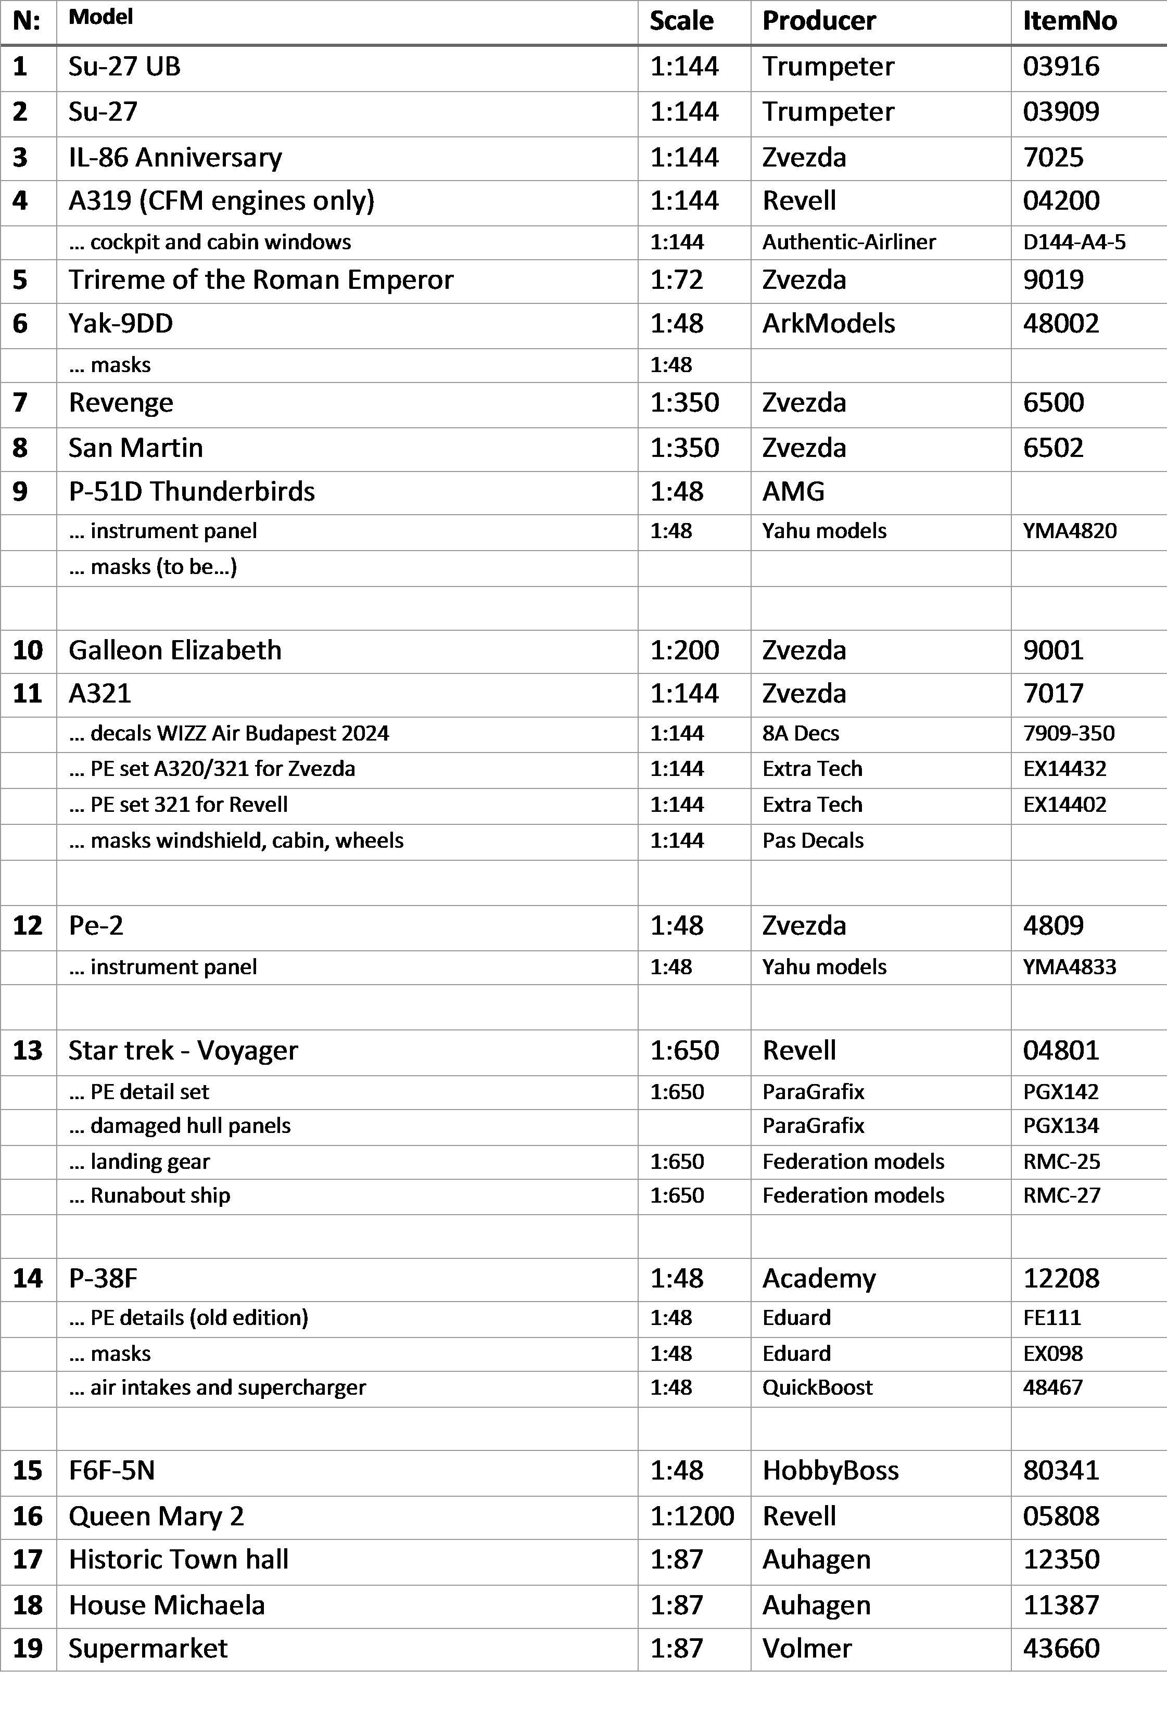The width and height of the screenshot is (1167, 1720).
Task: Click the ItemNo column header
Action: click(1069, 21)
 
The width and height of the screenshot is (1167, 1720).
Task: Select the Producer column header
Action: click(818, 21)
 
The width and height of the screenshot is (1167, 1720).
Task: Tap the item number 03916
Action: click(1060, 67)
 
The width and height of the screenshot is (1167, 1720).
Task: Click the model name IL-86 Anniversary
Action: click(175, 158)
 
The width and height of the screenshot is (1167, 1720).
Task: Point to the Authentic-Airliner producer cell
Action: click(849, 242)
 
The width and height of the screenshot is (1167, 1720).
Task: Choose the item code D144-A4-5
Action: click(1074, 242)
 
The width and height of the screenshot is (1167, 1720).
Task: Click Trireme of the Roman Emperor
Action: click(260, 280)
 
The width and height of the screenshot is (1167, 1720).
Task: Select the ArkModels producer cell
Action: click(828, 323)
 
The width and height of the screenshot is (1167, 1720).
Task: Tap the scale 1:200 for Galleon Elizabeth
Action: click(684, 651)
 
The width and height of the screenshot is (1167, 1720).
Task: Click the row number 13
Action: click(28, 1051)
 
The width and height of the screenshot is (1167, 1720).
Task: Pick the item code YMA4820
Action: click(1069, 531)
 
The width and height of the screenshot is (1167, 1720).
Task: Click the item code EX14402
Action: click(1064, 805)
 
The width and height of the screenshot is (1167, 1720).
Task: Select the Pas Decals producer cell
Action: click(813, 841)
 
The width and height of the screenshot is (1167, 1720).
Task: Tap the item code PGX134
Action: click(1060, 1126)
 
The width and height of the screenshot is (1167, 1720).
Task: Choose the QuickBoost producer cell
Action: click(817, 1387)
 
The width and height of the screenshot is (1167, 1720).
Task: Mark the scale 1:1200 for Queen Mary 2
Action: click(692, 1517)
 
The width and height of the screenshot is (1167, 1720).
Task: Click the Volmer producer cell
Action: click(807, 1648)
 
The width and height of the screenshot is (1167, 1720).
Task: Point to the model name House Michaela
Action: click(167, 1606)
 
